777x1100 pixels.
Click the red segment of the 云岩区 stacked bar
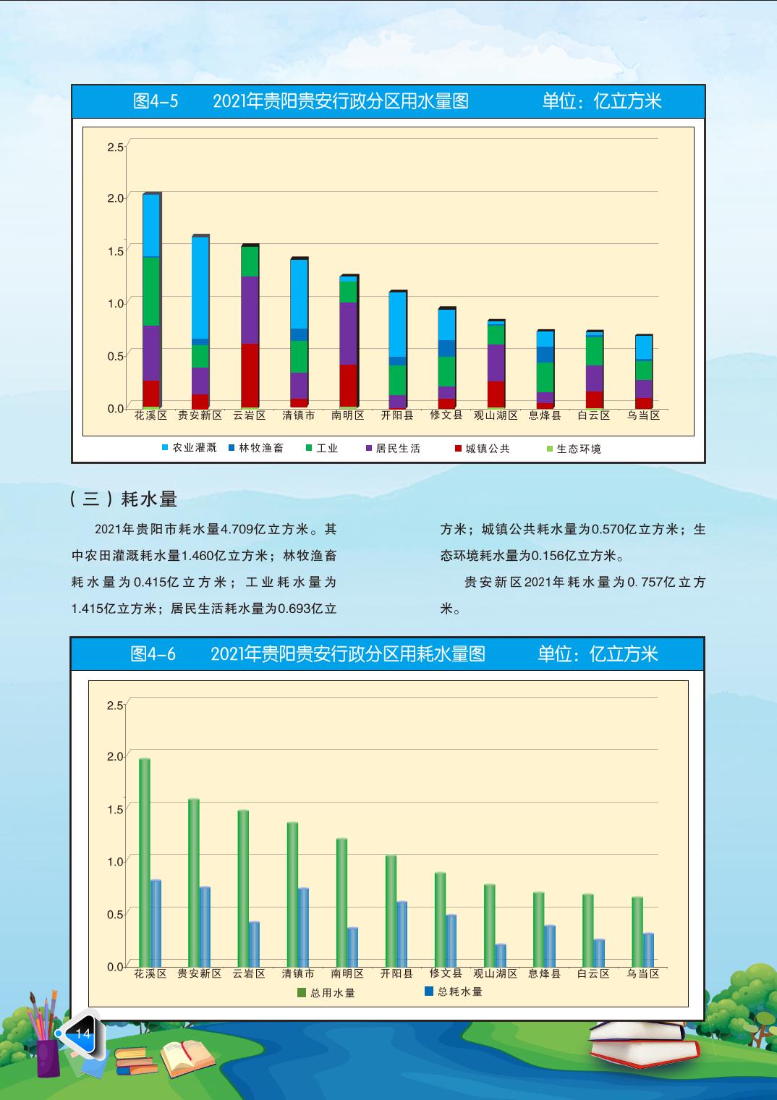(x=250, y=375)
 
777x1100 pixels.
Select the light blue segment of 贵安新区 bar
(x=200, y=287)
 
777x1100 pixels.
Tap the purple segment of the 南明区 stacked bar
(x=348, y=333)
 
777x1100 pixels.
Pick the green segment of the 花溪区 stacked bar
(x=151, y=291)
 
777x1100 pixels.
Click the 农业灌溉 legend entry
(x=189, y=448)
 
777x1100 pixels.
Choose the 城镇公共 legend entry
(x=483, y=449)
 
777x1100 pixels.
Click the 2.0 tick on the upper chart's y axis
(x=116, y=198)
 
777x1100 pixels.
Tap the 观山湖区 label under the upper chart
(x=496, y=415)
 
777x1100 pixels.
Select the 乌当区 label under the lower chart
(x=643, y=973)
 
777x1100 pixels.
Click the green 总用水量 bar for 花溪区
(x=145, y=861)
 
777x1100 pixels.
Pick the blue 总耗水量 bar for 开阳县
(x=402, y=934)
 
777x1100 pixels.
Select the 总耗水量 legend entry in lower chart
(x=454, y=991)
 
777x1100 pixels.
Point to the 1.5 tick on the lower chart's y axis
(x=116, y=808)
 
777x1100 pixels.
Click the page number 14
(x=83, y=1033)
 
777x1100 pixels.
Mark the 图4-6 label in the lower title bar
(x=153, y=654)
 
